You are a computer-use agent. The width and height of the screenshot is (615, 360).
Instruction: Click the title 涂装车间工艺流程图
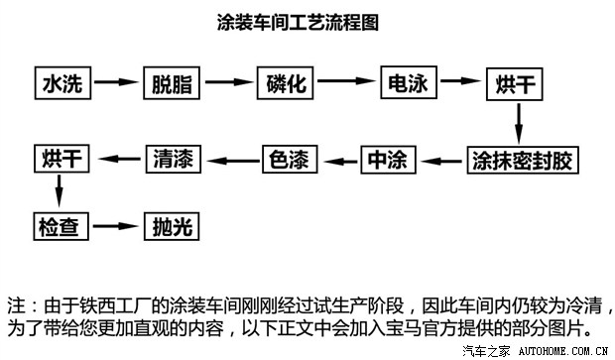[x=297, y=21]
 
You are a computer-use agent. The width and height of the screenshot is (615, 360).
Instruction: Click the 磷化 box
[x=287, y=83]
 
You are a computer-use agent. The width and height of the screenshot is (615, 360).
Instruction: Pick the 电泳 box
[x=409, y=82]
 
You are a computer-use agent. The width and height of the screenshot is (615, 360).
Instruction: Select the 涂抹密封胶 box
[x=522, y=159]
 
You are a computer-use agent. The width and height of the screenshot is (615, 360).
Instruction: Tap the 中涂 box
[x=387, y=159]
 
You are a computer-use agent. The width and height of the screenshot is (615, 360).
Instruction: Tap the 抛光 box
[x=172, y=225]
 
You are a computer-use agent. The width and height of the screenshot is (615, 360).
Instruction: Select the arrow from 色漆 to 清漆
[x=232, y=159]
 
